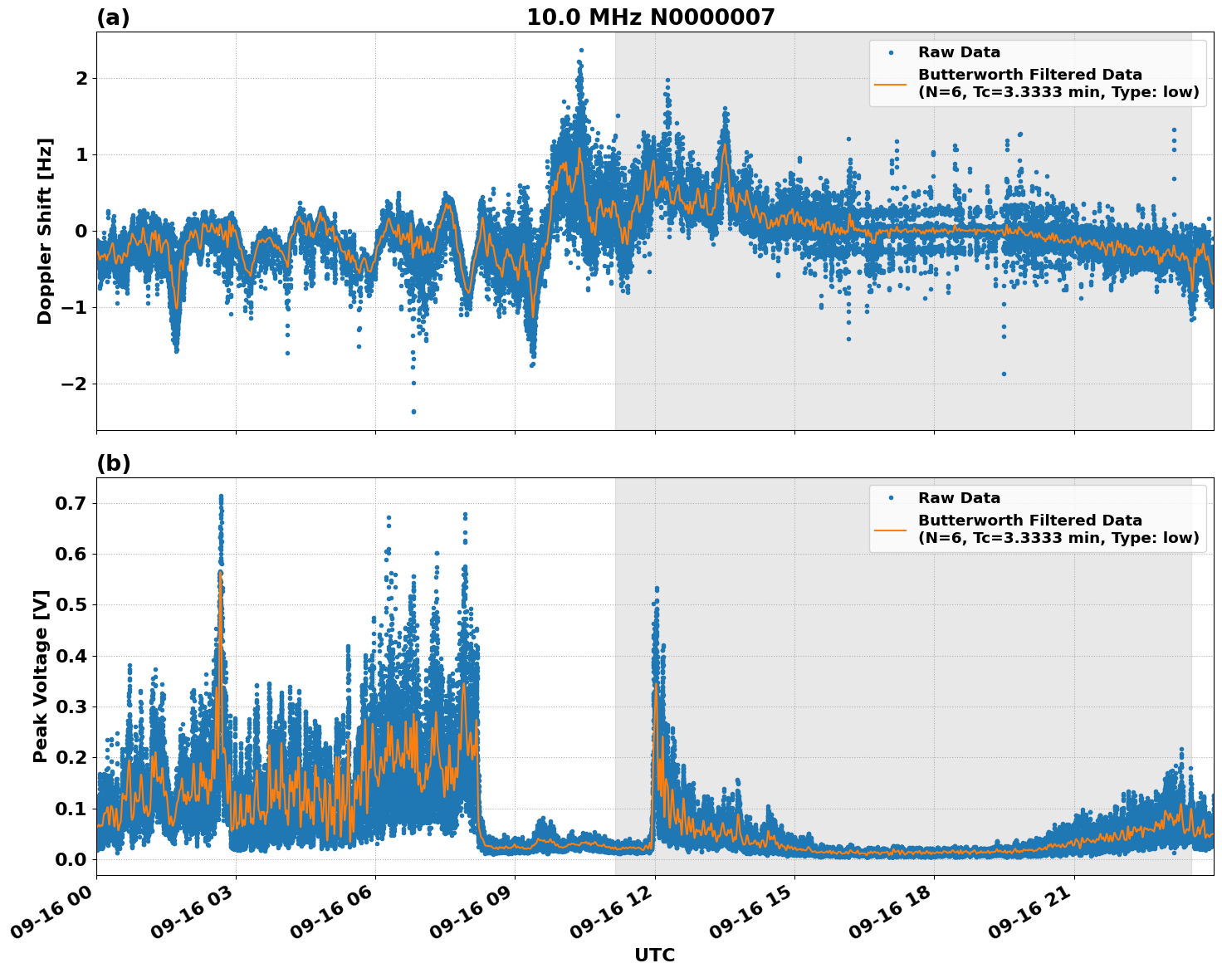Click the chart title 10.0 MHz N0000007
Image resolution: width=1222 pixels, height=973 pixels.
tap(650, 17)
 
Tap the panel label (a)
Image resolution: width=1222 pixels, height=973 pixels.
tap(113, 17)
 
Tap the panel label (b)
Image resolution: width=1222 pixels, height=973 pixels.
tap(113, 463)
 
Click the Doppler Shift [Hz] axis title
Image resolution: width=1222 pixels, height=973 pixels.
tap(45, 231)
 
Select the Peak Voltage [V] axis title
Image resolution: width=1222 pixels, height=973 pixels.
tap(41, 676)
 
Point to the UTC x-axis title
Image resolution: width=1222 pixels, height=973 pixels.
tap(654, 955)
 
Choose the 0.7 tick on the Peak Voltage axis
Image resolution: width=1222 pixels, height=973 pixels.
tap(72, 503)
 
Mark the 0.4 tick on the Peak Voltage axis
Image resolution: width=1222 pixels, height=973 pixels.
tap(72, 656)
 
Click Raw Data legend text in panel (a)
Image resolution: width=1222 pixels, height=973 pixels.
tap(959, 52)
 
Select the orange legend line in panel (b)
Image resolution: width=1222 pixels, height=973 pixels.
tap(890, 529)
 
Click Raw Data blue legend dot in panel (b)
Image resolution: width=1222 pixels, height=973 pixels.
tap(890, 498)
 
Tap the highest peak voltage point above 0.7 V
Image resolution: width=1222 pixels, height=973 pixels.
tap(221, 496)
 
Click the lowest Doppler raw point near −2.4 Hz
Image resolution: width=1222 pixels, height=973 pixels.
tap(413, 411)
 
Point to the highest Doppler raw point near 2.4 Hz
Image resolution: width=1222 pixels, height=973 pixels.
tap(581, 51)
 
